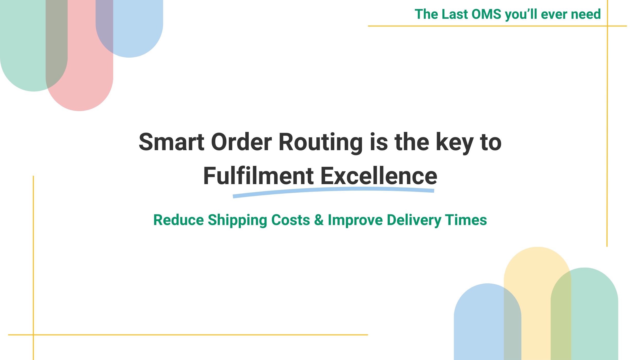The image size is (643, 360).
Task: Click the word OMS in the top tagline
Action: [x=487, y=14]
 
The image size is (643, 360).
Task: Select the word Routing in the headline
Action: [x=321, y=143]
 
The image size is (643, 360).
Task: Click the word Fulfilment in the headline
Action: [x=258, y=176]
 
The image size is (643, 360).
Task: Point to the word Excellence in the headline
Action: [x=379, y=176]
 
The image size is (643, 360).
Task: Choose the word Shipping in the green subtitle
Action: [x=237, y=220]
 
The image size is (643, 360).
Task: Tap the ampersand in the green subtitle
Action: [x=319, y=220]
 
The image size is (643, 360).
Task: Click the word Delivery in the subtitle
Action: [x=414, y=220]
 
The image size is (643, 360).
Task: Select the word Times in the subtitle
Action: [x=466, y=220]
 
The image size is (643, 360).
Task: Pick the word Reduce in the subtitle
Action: [x=179, y=220]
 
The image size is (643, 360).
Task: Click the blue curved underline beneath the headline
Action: [x=333, y=190]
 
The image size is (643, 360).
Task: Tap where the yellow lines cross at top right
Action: [x=607, y=26]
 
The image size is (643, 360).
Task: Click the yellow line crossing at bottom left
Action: [x=33, y=335]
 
